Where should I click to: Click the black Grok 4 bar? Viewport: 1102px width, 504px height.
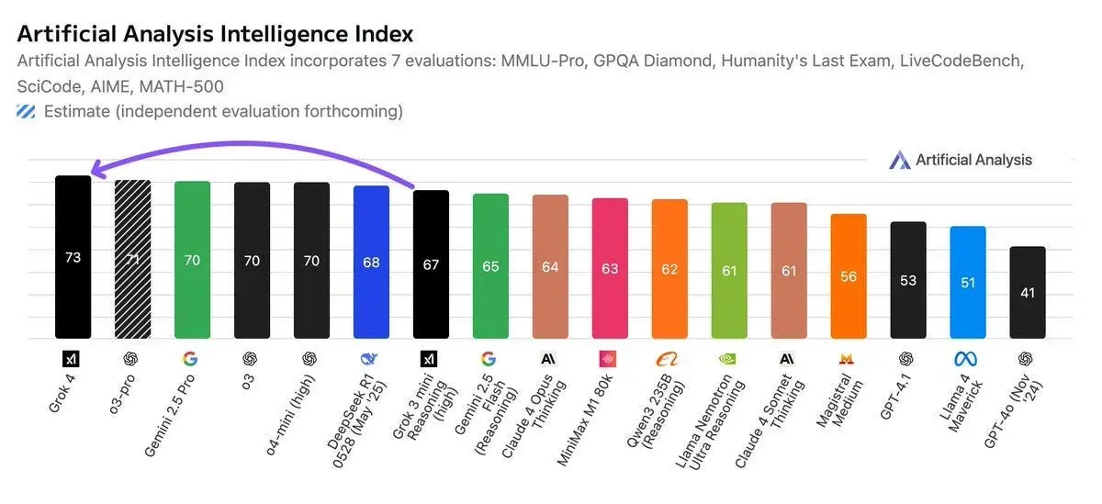[73, 257]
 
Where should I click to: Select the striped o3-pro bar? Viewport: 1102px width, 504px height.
[132, 259]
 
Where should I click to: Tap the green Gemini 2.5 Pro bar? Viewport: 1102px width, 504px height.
[192, 260]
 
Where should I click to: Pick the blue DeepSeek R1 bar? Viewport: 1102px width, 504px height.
[371, 263]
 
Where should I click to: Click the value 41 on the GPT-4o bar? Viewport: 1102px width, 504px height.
[1028, 293]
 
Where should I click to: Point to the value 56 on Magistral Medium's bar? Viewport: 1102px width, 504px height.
[849, 276]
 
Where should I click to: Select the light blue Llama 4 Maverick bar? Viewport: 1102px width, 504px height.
[968, 282]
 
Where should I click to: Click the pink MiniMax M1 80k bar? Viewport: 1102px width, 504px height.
[610, 268]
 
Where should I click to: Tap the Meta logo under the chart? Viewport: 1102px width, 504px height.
[968, 358]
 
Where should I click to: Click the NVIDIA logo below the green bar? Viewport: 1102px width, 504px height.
[729, 358]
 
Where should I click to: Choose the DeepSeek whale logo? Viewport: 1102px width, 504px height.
[371, 358]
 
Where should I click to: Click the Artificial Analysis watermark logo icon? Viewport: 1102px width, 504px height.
[899, 160]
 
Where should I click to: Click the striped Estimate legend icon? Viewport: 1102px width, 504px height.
[27, 112]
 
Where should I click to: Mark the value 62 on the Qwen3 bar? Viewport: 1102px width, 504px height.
[669, 270]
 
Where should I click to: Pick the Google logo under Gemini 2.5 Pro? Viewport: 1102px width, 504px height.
[192, 358]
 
